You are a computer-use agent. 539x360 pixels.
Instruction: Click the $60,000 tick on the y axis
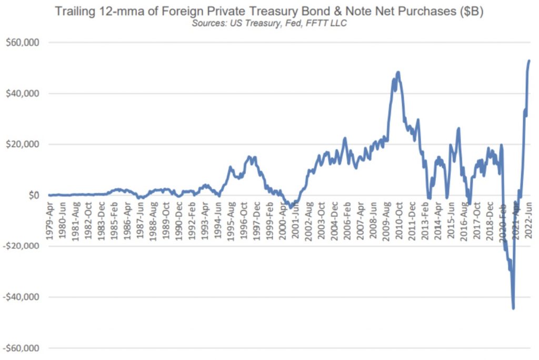23,43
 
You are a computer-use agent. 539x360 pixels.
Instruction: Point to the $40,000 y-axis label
23,94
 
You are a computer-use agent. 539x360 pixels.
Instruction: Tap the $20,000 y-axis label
23,144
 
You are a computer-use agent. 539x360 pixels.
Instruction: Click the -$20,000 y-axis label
22,246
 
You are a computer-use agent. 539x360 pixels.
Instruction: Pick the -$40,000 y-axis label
22,297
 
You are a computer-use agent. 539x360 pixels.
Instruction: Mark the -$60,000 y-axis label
22,348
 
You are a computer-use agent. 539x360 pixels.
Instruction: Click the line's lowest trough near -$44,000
513,308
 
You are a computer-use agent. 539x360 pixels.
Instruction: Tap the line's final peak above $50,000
529,61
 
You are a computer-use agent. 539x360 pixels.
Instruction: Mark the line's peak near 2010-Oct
398,72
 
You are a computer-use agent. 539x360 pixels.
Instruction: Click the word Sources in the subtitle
207,24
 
